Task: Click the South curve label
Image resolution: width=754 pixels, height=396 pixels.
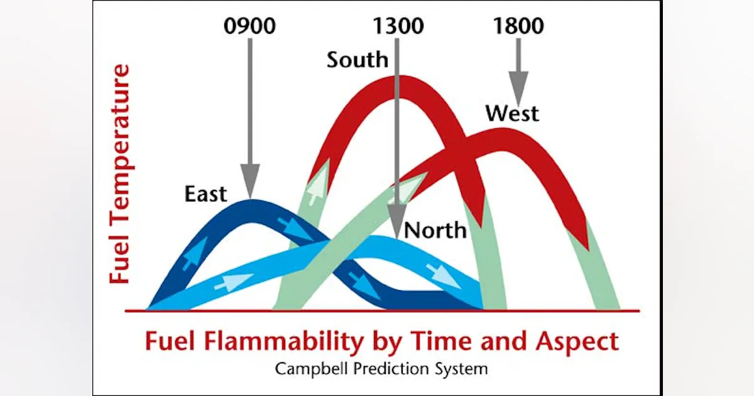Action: [357, 60]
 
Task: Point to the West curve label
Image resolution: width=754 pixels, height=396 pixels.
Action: [512, 114]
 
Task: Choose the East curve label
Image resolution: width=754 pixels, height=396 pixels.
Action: [205, 194]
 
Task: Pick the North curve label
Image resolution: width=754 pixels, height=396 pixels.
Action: [435, 230]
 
